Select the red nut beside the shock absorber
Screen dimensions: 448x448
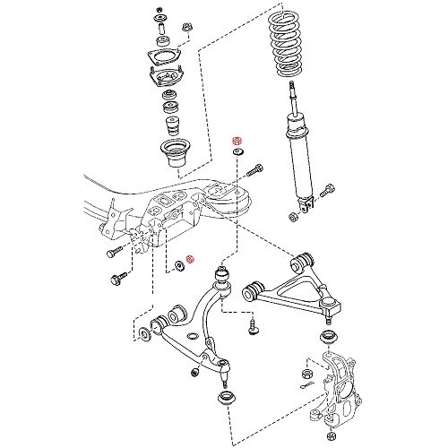point(237,142)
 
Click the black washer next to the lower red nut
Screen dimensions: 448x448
point(177,265)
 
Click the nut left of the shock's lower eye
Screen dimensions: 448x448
point(293,216)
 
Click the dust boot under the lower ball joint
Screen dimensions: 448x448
point(224,397)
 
